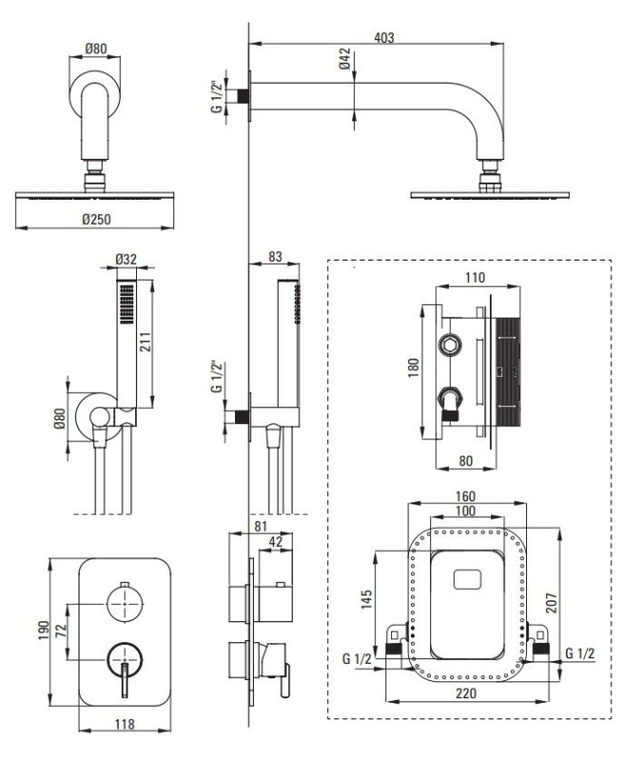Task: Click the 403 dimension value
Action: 383,37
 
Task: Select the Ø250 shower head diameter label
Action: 96,220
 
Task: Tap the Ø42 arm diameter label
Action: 344,58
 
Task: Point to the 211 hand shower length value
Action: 146,341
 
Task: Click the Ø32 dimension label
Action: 126,259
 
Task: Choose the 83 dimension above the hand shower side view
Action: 275,256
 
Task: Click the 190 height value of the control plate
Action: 44,631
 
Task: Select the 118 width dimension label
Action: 125,724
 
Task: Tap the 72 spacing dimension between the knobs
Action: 61,631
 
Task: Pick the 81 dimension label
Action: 261,526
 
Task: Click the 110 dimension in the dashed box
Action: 475,278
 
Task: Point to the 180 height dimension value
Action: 413,367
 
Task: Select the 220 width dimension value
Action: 465,693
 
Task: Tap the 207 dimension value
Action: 551,603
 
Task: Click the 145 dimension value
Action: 366,599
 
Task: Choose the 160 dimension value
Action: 465,497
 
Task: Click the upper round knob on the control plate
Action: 126,603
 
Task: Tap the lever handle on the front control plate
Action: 126,680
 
